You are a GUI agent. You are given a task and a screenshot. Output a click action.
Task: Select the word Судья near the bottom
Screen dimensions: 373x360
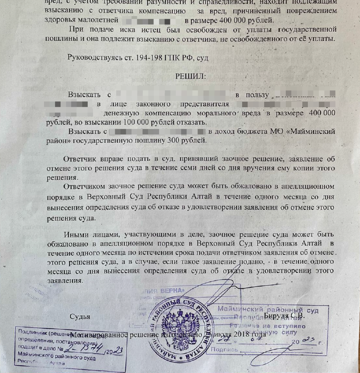click(80, 316)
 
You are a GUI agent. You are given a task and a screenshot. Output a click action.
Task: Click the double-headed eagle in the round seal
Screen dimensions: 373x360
click(175, 335)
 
